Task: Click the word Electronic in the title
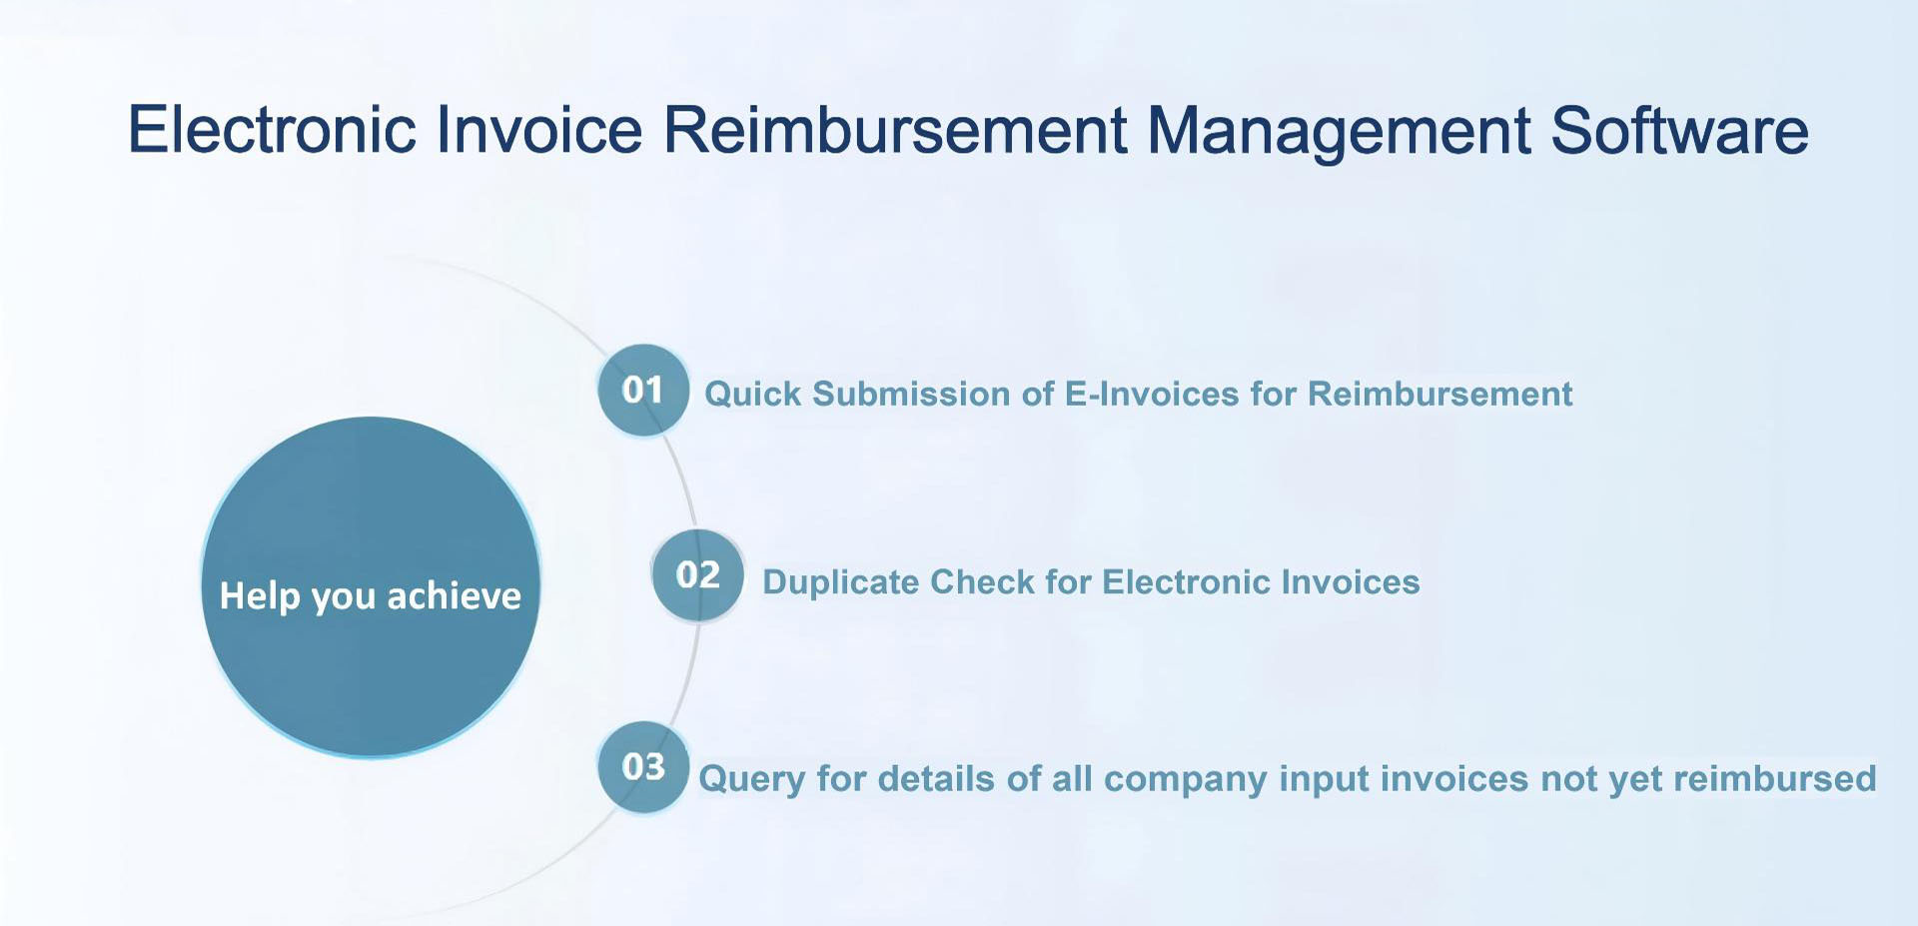coord(272,130)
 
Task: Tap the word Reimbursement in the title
coord(895,130)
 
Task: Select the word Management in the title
coord(1339,130)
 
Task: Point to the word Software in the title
coord(1679,130)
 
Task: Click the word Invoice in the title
coord(539,130)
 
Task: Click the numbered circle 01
coord(643,390)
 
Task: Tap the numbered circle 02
coord(697,575)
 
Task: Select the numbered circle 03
coord(643,767)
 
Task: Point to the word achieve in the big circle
coord(454,596)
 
